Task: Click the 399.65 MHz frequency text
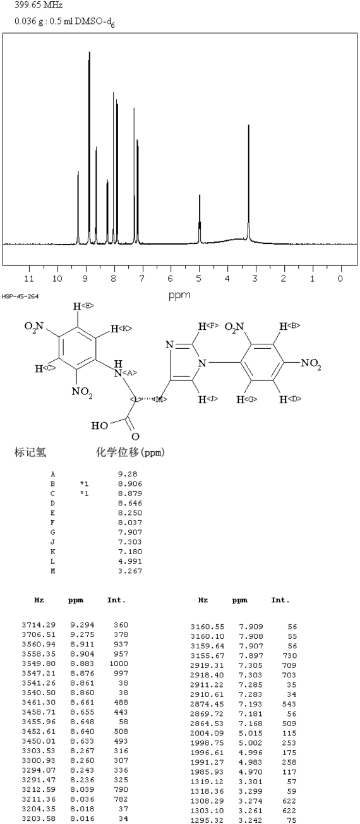[39, 6]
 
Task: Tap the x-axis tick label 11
[28, 278]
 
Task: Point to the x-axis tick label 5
[198, 278]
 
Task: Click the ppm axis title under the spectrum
[179, 294]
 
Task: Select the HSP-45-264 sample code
[20, 296]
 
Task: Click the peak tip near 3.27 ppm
[249, 126]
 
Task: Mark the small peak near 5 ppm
[200, 195]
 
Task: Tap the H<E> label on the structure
[83, 306]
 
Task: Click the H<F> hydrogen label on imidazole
[208, 326]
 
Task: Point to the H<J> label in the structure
[208, 399]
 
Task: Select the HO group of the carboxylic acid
[99, 426]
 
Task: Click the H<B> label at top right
[290, 326]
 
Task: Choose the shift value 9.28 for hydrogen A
[127, 474]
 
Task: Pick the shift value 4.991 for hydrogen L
[130, 561]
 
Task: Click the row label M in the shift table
[52, 571]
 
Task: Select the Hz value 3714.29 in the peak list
[39, 624]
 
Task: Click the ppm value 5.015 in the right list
[251, 733]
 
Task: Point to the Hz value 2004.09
[207, 733]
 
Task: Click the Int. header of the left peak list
[117, 600]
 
